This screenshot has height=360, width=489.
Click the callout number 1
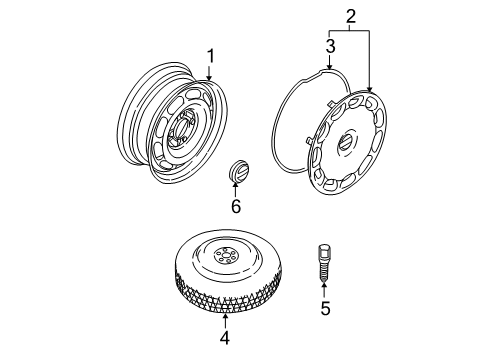coord(210,55)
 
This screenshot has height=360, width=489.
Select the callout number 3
coord(330,46)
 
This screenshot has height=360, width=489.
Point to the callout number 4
coord(224,337)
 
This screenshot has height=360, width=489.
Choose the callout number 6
coord(236,207)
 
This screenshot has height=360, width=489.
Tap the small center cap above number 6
coord(238,171)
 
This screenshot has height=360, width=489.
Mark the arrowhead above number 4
coord(224,318)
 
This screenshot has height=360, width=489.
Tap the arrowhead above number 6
coord(237,188)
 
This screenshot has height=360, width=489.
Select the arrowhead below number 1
coord(210,79)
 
